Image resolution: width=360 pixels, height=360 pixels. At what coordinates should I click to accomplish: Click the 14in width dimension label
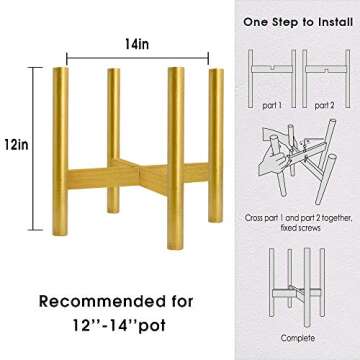137,44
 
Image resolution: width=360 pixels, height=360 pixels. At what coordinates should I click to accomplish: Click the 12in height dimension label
16,145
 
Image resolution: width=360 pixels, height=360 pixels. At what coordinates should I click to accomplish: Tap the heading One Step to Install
298,22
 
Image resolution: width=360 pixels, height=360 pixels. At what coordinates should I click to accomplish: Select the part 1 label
272,106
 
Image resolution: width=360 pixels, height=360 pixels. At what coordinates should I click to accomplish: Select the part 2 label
325,106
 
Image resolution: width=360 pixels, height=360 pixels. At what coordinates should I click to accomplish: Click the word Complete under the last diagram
297,338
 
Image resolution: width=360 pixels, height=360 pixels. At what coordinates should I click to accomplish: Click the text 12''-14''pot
119,326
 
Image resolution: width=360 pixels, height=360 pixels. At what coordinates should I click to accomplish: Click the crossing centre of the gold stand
139,173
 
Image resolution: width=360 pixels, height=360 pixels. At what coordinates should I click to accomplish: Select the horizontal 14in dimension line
137,58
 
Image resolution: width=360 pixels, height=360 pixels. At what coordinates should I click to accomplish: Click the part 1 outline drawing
272,78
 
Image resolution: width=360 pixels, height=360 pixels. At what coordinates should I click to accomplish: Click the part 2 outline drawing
326,78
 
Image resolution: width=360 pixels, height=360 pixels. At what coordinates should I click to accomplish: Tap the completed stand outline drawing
297,287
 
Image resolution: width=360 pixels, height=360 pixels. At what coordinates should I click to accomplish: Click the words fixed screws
299,228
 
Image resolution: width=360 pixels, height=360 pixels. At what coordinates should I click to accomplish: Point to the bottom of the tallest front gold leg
175,247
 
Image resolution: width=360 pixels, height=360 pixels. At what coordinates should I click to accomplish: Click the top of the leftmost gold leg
61,69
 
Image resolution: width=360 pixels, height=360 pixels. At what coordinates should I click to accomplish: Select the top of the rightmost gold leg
216,70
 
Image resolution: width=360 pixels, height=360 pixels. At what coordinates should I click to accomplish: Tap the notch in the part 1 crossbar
273,68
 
